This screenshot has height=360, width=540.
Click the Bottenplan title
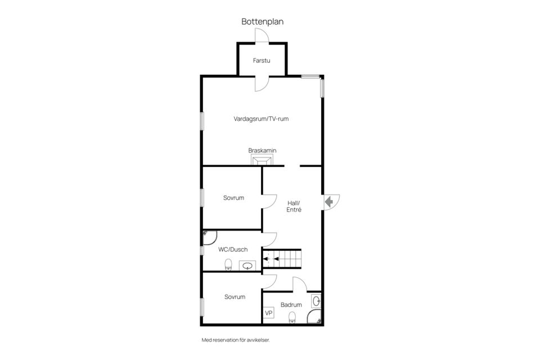(262, 22)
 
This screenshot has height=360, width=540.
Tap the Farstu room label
(262, 60)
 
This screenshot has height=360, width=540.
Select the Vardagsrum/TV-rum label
(261, 119)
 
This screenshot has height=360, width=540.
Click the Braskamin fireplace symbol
(261, 161)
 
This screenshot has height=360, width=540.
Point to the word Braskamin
(262, 150)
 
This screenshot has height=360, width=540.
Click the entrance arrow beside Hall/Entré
(329, 200)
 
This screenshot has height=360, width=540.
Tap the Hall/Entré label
(294, 206)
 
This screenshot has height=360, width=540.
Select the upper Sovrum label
(233, 198)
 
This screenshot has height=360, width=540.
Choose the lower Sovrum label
(235, 296)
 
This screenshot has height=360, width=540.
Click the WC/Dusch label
(233, 249)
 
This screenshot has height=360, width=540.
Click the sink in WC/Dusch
(247, 265)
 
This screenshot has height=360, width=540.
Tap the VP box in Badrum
(269, 313)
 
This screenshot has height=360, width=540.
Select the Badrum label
(291, 305)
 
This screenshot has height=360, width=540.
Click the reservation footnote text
(240, 340)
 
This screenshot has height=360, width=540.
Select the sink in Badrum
(316, 301)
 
